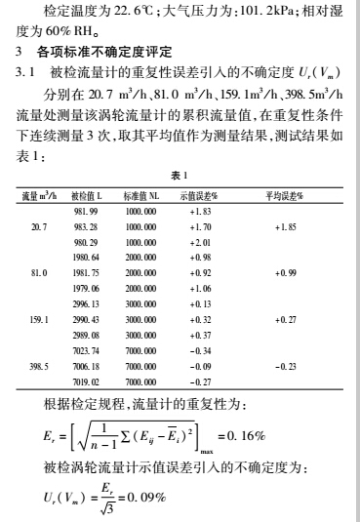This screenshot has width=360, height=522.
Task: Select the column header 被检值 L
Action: point(87,196)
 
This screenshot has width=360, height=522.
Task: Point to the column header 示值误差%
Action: point(197,196)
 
